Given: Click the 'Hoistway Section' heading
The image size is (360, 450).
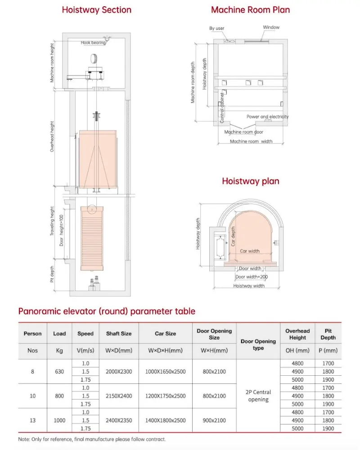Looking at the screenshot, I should coord(97,9).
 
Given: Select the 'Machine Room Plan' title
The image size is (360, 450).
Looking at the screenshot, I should coord(251,9).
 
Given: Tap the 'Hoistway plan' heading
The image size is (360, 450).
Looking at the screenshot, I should coord(251,181).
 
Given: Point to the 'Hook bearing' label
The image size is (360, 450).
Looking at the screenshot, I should coord(93,43).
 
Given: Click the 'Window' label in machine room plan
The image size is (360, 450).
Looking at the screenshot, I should coord(271,27).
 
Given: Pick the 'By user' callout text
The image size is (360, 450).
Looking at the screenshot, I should coord(216,28).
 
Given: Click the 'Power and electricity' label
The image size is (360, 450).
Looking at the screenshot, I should coord(267,117).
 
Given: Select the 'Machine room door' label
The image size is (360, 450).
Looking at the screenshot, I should coord(243,132).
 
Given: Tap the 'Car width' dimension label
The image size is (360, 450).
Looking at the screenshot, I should coord(249,251).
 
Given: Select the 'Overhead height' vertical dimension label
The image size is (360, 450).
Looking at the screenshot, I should coord(52,136).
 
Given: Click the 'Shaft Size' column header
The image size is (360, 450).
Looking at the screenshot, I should coord(119,333).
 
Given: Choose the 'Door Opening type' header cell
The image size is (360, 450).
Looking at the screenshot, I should coord(258,344).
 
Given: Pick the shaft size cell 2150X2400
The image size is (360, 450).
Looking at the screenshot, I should coord(119,396).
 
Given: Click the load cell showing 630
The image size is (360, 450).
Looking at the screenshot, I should coord(59,371).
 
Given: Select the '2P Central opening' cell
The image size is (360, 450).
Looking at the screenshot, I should coord(258,396).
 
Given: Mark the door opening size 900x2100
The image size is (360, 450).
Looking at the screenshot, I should coord(214,420).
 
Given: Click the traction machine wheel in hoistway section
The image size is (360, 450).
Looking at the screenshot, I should coord(94,58).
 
